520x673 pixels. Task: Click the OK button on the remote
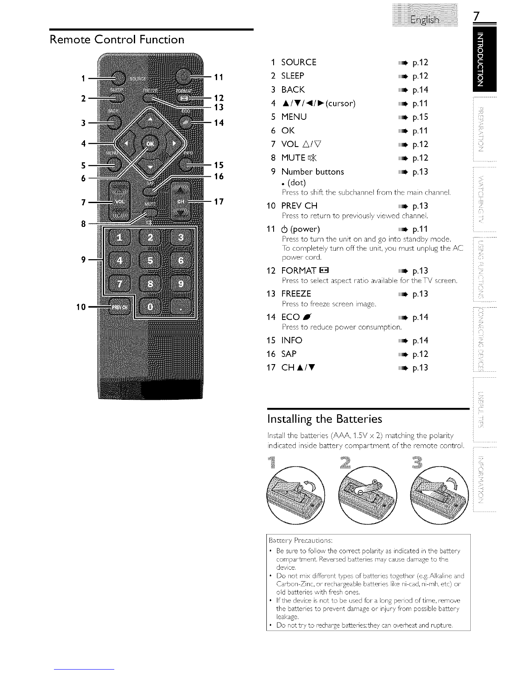150,144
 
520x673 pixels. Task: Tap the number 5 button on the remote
150,260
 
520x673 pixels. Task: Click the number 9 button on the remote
181,283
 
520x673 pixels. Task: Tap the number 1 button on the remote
119,237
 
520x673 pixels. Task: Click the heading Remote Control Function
117,40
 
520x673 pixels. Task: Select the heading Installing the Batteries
325,419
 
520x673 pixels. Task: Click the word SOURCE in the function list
299,62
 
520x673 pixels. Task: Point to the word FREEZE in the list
296,294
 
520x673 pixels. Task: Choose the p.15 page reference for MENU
420,117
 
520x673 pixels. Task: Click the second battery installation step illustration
367,495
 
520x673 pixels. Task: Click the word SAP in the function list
289,354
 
